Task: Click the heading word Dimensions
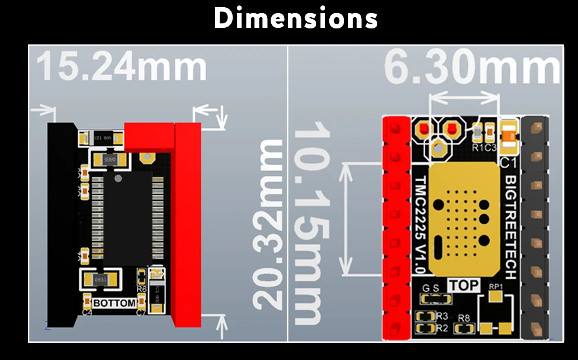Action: (x=296, y=19)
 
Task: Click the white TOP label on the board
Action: (x=464, y=285)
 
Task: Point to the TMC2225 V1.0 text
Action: (x=419, y=224)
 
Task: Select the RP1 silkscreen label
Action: (x=496, y=288)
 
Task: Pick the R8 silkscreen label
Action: (x=464, y=319)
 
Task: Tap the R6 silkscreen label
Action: (x=142, y=289)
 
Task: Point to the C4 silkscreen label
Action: (x=87, y=311)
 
